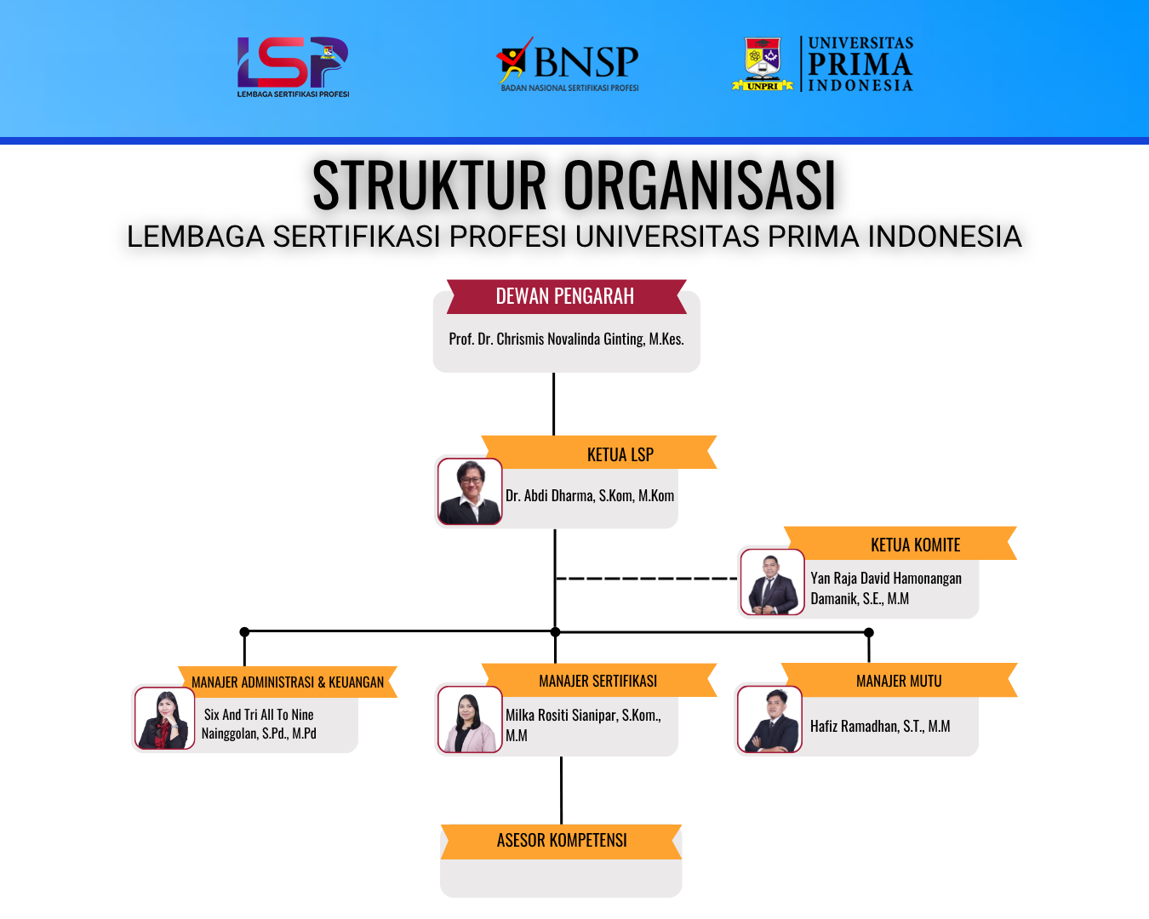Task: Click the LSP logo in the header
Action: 293,66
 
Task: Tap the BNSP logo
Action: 568,64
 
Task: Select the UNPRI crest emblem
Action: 763,64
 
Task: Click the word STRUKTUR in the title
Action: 429,185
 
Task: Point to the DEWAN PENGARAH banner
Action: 567,296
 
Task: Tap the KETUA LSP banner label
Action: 620,454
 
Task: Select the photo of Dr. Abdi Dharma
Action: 470,491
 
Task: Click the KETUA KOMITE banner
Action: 900,544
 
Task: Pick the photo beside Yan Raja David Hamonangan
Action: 773,582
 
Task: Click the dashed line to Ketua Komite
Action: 647,579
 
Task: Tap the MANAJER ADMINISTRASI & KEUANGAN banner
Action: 288,682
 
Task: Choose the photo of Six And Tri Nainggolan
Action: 164,718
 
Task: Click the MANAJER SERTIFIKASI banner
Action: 599,680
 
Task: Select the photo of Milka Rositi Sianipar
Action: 470,719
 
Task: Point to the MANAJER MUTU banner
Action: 900,680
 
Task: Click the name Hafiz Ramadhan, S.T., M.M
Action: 880,726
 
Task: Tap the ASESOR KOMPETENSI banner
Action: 561,842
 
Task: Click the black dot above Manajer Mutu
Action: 869,632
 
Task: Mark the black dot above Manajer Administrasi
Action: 244,631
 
